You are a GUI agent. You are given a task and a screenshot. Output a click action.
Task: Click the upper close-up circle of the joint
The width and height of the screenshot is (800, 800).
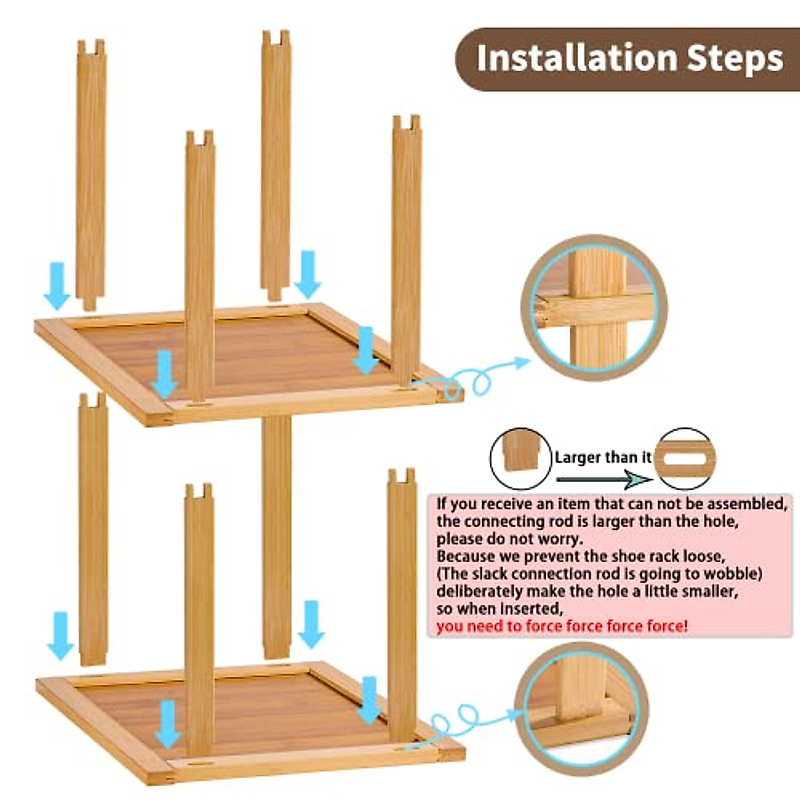[x=594, y=307]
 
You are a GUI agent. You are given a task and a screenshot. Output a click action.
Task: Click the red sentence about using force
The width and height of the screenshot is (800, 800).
[x=562, y=626]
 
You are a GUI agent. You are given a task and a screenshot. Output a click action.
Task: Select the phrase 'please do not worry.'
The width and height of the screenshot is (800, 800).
[x=509, y=539]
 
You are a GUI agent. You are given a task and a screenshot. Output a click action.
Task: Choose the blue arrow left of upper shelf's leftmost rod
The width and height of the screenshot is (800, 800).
[x=57, y=285]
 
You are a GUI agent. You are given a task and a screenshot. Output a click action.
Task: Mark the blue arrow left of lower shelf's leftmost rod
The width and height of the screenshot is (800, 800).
[x=61, y=635]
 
